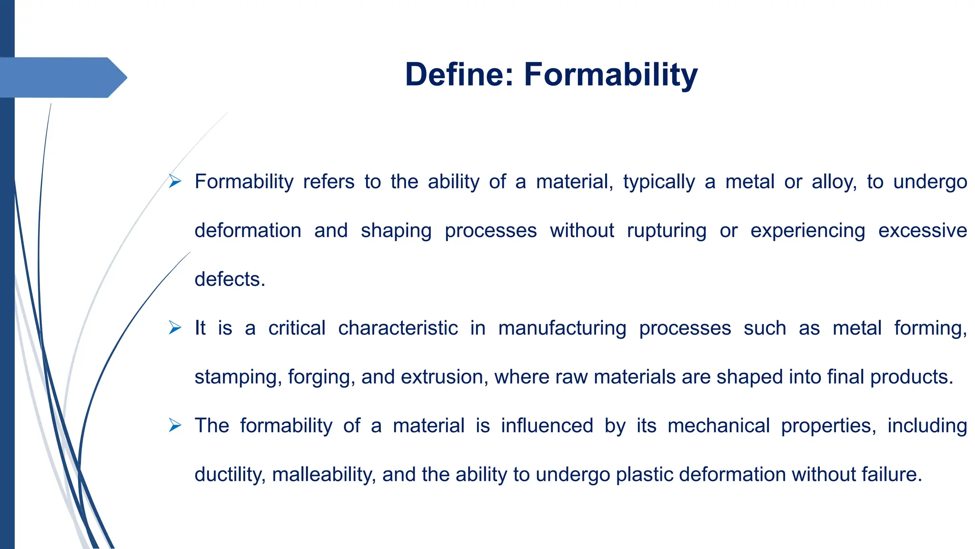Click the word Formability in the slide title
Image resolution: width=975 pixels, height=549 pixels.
(x=611, y=75)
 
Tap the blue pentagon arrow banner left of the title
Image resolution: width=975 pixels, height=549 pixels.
(x=62, y=77)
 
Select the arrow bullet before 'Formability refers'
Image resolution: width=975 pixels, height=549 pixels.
(x=175, y=181)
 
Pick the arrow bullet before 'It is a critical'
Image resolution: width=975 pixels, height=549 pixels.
(x=175, y=328)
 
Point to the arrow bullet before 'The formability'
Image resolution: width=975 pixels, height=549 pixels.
(x=175, y=425)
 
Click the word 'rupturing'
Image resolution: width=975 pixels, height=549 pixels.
(x=667, y=231)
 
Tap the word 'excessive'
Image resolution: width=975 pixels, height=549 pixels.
(x=922, y=231)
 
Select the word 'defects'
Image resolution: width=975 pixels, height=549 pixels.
(x=229, y=279)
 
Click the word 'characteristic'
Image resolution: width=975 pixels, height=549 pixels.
(x=398, y=328)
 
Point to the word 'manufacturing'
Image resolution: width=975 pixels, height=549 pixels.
(x=562, y=329)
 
